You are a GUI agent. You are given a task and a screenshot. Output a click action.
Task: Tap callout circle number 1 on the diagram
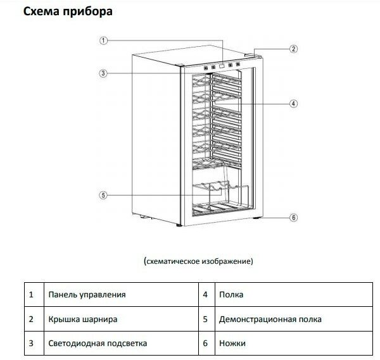click(103, 40)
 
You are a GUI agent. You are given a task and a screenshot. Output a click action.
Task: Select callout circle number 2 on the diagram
click(293, 49)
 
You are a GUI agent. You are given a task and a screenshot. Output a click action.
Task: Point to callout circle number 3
click(103, 73)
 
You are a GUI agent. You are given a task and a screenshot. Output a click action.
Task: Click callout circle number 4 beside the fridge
click(294, 103)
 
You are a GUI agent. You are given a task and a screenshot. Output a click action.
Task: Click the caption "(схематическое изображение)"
click(198, 261)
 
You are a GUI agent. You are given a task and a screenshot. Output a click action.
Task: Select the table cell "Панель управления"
click(87, 295)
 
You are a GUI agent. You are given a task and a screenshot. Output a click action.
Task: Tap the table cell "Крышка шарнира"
click(82, 320)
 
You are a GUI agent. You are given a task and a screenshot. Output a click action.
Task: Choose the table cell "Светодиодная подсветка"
click(97, 344)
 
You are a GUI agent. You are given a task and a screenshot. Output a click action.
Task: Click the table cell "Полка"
click(231, 295)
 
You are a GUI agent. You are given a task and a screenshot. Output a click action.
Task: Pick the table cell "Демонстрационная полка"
click(270, 320)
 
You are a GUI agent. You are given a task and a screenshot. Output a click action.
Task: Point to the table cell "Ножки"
click(233, 344)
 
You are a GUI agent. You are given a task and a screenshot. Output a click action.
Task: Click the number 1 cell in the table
click(31, 295)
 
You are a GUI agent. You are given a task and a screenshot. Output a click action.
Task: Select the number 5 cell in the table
click(205, 320)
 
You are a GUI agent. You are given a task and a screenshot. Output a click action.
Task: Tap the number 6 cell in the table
click(205, 344)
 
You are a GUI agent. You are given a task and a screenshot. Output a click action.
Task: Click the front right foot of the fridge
click(256, 220)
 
